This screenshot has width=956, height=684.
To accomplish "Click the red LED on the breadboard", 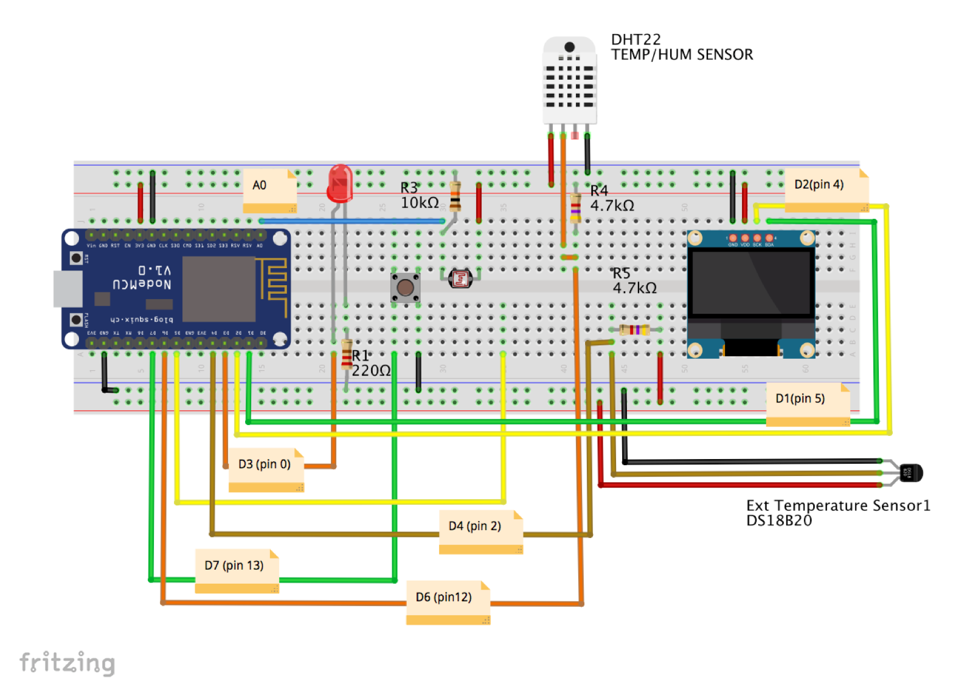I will [339, 183].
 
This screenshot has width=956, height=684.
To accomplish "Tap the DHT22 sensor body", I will [569, 81].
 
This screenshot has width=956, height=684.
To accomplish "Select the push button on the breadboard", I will [405, 288].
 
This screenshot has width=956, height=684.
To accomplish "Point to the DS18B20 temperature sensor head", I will [910, 472].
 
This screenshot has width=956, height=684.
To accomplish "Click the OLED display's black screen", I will [751, 283].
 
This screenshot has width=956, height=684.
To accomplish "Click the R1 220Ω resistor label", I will [370, 363].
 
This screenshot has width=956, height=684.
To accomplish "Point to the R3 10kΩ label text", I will [419, 196].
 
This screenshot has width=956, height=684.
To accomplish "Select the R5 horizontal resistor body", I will [634, 330].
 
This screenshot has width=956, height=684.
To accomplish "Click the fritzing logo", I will [67, 662].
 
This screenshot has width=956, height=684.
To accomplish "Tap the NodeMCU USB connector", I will [68, 289].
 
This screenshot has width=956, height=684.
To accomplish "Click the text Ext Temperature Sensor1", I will [837, 505].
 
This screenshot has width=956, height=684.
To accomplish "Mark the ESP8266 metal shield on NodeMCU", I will [219, 289].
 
